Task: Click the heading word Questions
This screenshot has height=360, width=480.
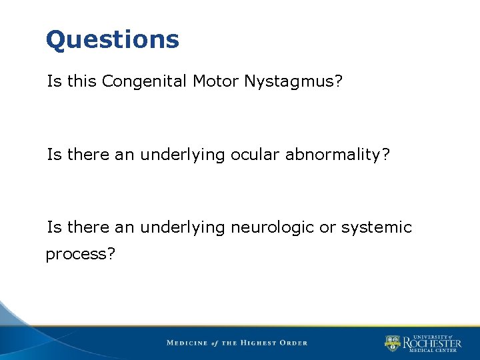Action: point(113,41)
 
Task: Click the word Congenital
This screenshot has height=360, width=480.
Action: point(145,82)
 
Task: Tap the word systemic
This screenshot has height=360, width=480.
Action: point(377,227)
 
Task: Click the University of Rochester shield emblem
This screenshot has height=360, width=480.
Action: point(393,343)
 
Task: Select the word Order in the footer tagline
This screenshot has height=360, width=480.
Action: point(293,343)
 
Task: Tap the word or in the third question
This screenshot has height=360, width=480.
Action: point(327,227)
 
